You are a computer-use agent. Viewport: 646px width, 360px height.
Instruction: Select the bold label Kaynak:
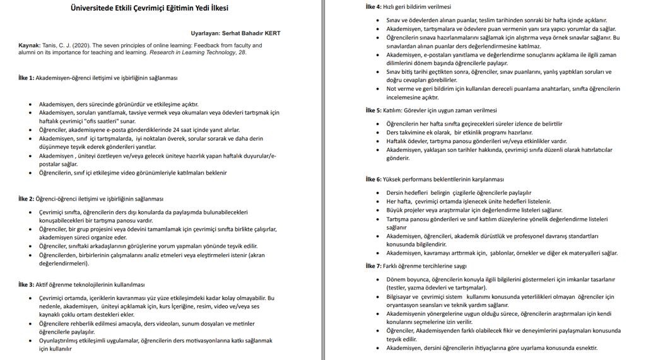point(29,45)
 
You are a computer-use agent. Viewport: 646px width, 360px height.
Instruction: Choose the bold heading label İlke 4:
point(373,7)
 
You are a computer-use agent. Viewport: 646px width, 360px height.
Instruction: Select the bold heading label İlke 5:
point(373,110)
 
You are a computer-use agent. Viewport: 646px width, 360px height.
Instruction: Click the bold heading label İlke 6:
point(373,179)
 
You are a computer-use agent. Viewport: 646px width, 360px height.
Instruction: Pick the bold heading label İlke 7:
point(373,266)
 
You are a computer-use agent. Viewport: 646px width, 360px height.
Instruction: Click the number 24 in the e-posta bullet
point(147,129)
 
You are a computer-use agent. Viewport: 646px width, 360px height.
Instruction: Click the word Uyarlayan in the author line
point(206,33)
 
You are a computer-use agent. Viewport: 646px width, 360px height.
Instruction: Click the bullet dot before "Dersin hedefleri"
point(379,193)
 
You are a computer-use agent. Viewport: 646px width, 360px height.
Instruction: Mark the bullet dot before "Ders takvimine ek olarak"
point(379,132)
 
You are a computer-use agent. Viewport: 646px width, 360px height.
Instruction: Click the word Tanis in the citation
point(50,45)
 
